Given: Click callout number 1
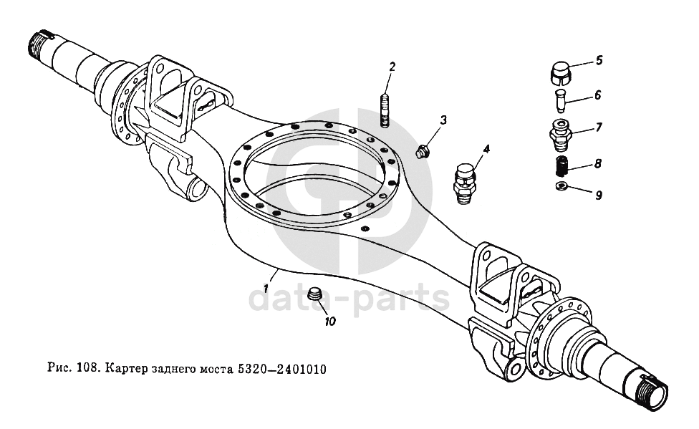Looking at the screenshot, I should (266, 289).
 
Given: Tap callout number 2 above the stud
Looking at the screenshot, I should (392, 67).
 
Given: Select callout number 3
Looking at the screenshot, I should (443, 120).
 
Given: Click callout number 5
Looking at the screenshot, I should (599, 60).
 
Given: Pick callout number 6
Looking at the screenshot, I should (598, 95).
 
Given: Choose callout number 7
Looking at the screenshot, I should (599, 127).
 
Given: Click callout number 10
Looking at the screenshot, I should (329, 322).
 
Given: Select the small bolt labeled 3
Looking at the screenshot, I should (423, 151).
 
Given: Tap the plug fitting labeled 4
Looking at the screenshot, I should (466, 183).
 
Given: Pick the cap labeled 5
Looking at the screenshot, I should (559, 72).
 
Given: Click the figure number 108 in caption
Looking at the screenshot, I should (87, 370).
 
